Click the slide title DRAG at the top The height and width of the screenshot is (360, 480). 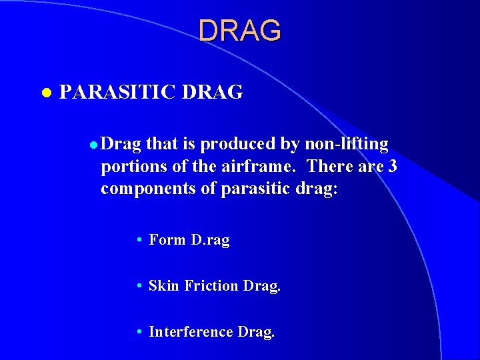(240, 30)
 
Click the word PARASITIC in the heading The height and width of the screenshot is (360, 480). (117, 93)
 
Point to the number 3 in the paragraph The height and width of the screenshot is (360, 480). (393, 167)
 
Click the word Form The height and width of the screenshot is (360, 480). (167, 240)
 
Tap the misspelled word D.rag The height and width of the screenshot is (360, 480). (210, 240)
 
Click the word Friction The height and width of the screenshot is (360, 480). (211, 286)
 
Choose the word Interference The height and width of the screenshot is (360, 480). (190, 332)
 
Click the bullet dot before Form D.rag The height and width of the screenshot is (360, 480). (137, 240)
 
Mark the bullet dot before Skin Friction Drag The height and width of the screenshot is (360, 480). (137, 286)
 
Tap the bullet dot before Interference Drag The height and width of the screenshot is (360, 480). (137, 332)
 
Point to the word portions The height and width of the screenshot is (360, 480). (127, 167)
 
